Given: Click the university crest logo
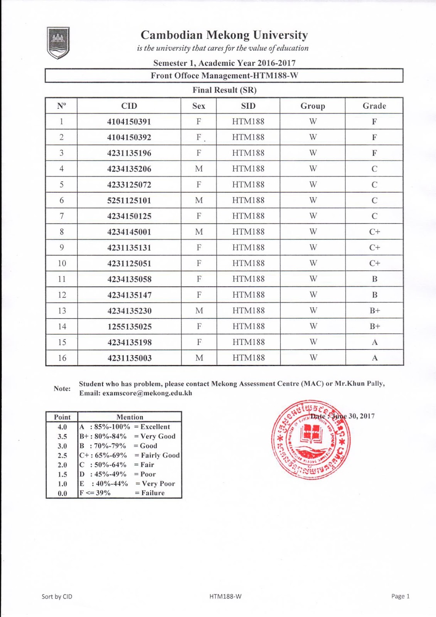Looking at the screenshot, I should tap(58, 42).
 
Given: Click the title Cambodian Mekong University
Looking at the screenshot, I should tap(224, 35).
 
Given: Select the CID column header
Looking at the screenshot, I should tap(129, 106).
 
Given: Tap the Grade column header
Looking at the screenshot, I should tap(374, 106).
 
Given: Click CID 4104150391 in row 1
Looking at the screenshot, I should tap(129, 122).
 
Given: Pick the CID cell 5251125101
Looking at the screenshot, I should tap(129, 201).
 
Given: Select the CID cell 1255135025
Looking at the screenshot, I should tap(129, 327).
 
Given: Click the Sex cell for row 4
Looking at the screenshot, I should tap(199, 169).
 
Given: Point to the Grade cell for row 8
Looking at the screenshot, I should tap(374, 232).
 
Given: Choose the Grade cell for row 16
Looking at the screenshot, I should tap(375, 358).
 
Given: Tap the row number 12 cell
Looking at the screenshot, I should tap(62, 295).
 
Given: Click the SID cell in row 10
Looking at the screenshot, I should tap(248, 263).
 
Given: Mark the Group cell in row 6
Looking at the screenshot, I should tap(313, 201).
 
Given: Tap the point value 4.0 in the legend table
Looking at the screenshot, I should tap(62, 427).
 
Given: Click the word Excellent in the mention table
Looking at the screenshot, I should tap(155, 427).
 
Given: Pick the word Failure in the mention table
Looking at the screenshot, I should tap(153, 493).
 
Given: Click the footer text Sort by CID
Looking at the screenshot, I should tap(57, 597).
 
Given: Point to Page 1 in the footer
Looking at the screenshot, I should tap(400, 596).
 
